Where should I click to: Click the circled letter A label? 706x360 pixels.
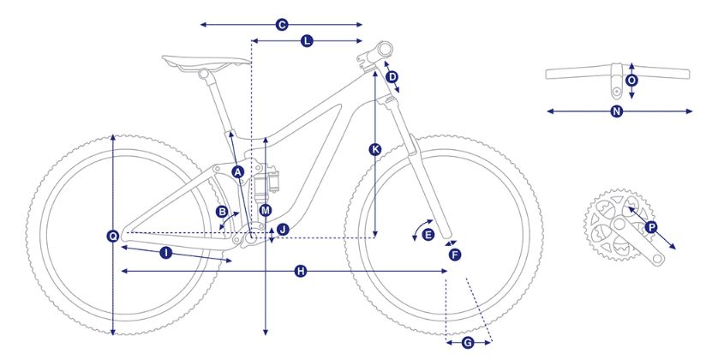(x=238, y=171)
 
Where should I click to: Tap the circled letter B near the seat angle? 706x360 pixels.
(x=222, y=212)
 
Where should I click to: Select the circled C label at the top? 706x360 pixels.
(x=282, y=25)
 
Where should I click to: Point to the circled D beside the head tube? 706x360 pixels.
(x=392, y=77)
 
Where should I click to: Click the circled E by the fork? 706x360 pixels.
(x=428, y=234)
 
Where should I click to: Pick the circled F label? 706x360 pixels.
(x=455, y=255)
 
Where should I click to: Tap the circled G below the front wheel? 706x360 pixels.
(x=468, y=344)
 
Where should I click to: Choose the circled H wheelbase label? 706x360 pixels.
(x=301, y=271)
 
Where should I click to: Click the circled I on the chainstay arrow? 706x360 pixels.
(x=166, y=253)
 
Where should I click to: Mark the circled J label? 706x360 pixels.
(x=283, y=230)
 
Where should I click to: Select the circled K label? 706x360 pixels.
(x=375, y=149)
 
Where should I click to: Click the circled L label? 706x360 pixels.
(x=307, y=41)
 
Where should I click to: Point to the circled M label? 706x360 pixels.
(x=266, y=210)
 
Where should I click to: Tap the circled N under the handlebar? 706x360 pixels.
(x=617, y=111)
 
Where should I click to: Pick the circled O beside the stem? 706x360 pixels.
(x=631, y=81)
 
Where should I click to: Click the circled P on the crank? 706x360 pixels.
(x=650, y=227)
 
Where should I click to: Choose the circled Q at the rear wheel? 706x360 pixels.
(x=113, y=236)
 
